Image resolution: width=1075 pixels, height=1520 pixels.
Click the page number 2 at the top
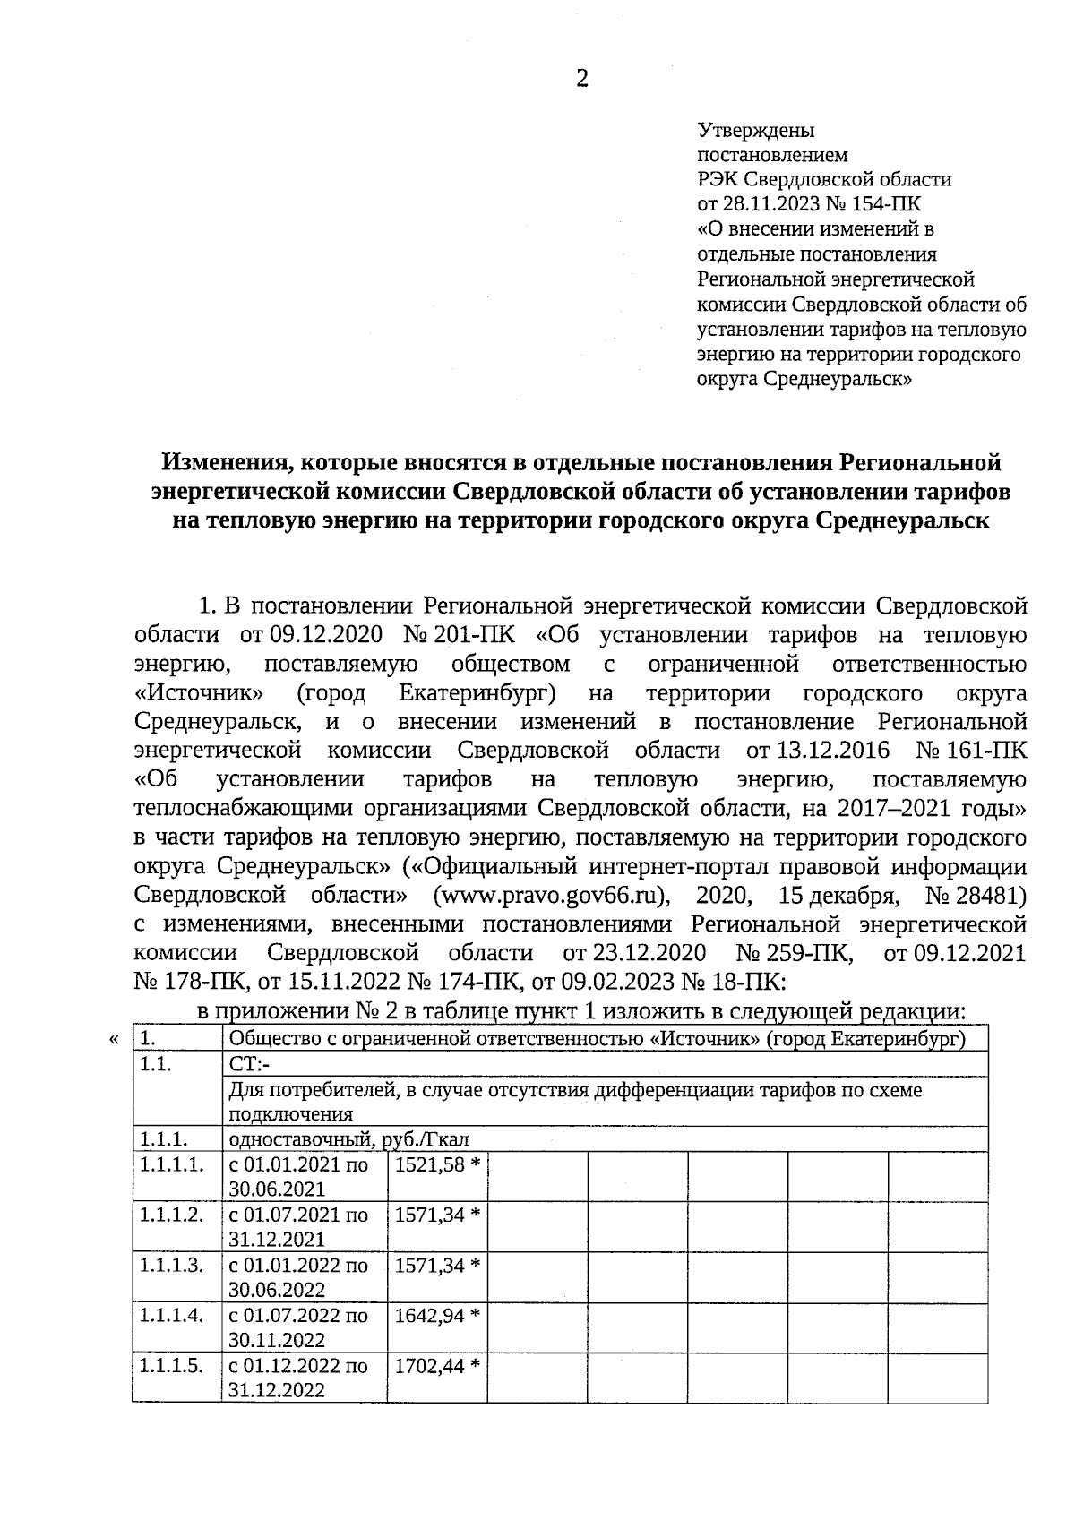click(582, 80)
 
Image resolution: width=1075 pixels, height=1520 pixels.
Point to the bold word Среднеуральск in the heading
click(901, 520)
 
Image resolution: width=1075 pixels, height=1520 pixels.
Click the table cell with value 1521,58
click(437, 1165)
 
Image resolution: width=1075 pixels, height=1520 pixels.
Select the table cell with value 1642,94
click(437, 1316)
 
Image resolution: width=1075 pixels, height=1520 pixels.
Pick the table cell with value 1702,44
click(437, 1366)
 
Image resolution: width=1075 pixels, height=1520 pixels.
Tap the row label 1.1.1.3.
click(171, 1266)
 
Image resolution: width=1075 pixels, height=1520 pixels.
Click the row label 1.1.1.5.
click(171, 1366)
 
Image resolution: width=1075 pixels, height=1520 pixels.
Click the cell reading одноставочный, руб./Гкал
click(349, 1139)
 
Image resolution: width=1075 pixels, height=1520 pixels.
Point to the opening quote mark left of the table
click(113, 1040)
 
